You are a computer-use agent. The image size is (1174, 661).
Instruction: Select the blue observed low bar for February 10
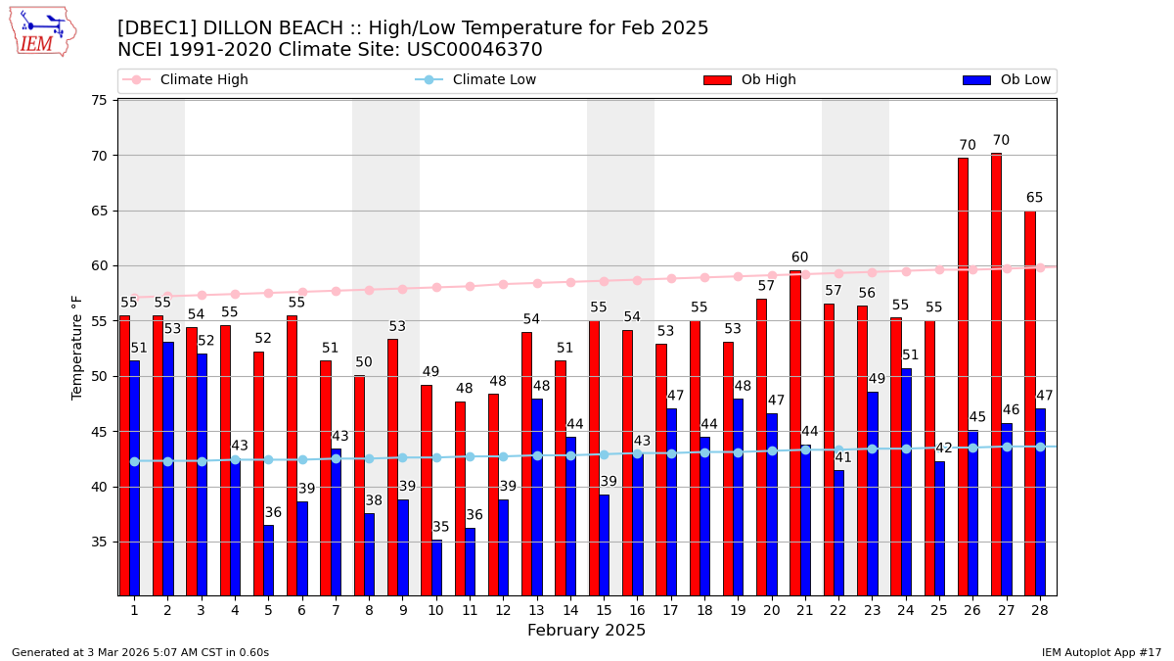(x=436, y=567)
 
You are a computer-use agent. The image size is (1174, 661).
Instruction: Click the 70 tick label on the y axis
(x=99, y=156)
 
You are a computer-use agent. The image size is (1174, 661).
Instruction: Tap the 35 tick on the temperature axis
(x=99, y=542)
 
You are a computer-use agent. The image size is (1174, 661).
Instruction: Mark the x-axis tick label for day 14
(x=570, y=610)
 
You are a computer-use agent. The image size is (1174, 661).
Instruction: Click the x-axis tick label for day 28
(x=1039, y=610)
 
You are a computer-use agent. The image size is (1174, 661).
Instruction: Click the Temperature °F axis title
(x=78, y=348)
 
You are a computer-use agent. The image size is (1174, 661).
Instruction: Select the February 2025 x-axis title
(x=586, y=631)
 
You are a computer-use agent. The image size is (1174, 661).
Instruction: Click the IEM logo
(x=42, y=31)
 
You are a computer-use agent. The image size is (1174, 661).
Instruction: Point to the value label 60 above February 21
(x=800, y=258)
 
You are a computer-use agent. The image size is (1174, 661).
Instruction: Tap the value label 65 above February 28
(x=1034, y=198)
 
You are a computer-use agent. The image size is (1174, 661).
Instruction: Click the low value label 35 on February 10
(x=441, y=528)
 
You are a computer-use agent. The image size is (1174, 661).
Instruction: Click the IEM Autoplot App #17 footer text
(x=1101, y=652)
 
